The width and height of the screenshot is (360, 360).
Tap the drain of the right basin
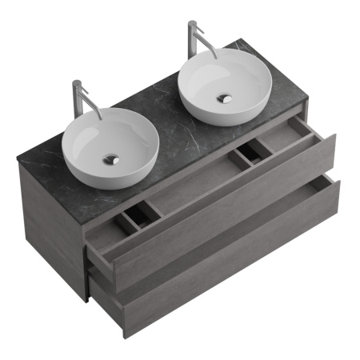[x=225, y=98]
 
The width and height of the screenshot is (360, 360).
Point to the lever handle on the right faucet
[x=190, y=25]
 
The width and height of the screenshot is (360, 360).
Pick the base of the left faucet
[x=78, y=118]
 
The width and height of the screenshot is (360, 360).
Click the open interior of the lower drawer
[x=216, y=228]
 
